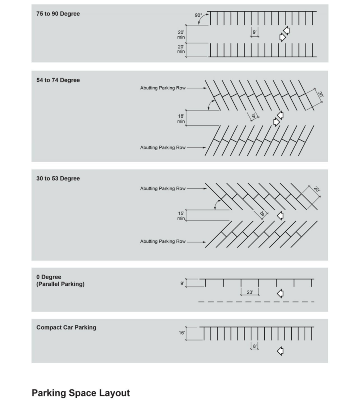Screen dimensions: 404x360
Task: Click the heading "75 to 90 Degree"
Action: (58, 14)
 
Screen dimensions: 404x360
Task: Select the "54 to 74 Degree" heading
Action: (58, 80)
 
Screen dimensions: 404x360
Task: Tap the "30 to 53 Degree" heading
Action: (58, 179)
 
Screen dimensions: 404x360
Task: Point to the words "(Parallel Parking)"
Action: (60, 284)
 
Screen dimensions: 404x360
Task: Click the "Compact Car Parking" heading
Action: (66, 327)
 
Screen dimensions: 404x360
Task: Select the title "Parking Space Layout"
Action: (80, 393)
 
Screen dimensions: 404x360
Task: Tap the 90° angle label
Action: (198, 15)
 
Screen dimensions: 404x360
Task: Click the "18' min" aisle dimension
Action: (181, 119)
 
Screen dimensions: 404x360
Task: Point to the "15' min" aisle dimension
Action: (181, 216)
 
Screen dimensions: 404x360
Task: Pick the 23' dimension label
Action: (250, 292)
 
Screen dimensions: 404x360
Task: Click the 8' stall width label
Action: (255, 346)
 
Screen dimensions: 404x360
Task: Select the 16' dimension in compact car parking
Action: (181, 333)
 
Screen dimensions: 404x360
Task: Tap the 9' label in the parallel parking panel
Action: (182, 283)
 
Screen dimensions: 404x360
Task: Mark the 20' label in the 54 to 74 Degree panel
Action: (320, 95)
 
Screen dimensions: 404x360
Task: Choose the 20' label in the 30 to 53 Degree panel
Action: (317, 190)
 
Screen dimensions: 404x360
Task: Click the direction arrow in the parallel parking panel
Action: (280, 294)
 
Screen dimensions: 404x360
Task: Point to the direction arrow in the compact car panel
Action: (280, 351)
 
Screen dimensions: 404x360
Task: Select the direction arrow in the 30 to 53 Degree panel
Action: (280, 216)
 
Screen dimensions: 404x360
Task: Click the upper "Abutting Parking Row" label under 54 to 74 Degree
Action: (163, 88)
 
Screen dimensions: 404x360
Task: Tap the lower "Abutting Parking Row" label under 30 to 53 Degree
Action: (163, 241)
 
